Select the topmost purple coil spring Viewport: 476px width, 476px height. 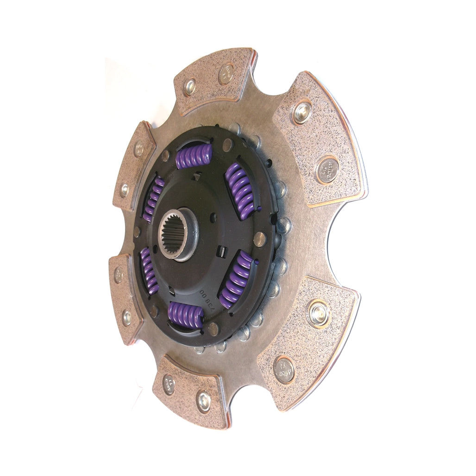tap(194, 157)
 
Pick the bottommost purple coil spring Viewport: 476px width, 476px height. tap(186, 315)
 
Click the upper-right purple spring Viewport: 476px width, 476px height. tap(240, 190)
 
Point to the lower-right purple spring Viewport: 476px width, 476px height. tap(236, 279)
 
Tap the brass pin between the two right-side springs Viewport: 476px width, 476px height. tap(260, 238)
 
